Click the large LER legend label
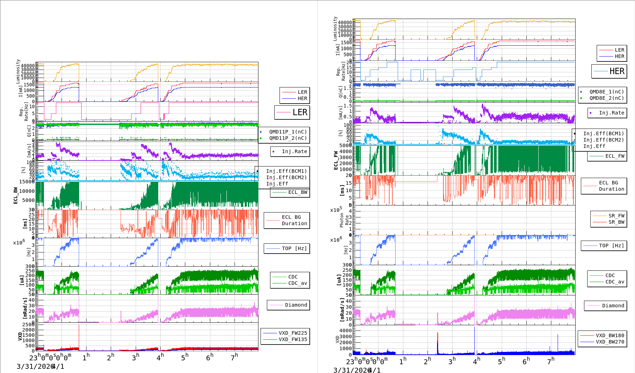click(x=300, y=112)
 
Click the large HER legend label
click(x=617, y=71)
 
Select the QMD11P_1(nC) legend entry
click(x=288, y=132)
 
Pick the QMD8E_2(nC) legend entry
click(x=607, y=98)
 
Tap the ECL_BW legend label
click(x=297, y=192)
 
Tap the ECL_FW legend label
click(x=615, y=156)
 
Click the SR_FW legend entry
click(x=616, y=216)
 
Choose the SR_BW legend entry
click(x=616, y=222)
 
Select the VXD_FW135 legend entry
click(x=293, y=339)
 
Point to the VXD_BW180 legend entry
click(x=610, y=335)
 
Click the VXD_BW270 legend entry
click(x=610, y=342)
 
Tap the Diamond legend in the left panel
click(x=296, y=305)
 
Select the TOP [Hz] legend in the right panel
click(x=611, y=246)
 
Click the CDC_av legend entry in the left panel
click(x=297, y=283)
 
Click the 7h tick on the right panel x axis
click(x=551, y=361)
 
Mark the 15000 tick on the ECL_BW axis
click(x=27, y=182)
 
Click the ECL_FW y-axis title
click(x=336, y=161)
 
